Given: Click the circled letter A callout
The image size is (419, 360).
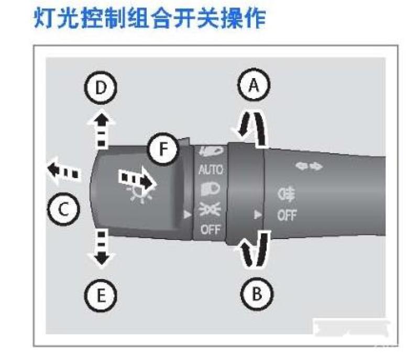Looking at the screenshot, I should click(253, 86).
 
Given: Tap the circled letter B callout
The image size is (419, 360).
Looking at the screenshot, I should click(255, 292).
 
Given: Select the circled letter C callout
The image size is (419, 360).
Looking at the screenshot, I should click(62, 210).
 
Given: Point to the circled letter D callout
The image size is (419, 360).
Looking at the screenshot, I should click(102, 89).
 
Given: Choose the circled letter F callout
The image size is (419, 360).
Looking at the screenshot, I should click(163, 150).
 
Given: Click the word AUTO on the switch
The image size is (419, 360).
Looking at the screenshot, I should click(211, 170).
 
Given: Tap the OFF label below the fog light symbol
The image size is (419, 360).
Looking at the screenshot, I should click(286, 216).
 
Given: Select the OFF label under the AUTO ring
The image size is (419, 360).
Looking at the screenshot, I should click(210, 229).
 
